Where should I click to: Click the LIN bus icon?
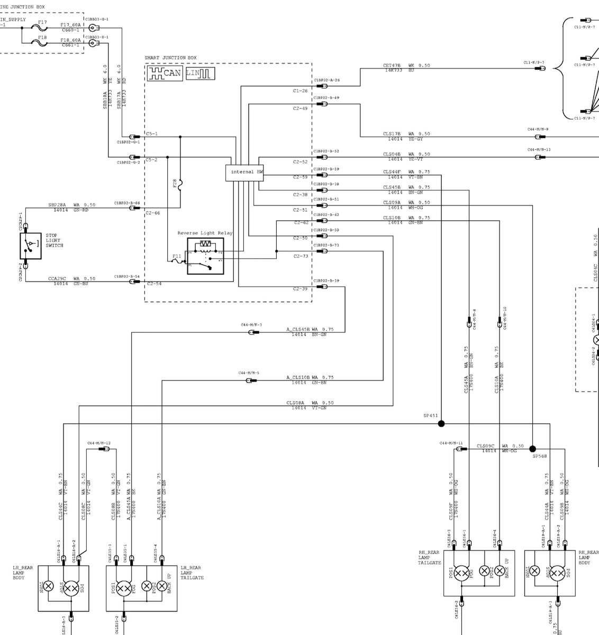(200, 74)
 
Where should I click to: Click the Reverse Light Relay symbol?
(205, 256)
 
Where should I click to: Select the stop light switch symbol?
(30, 246)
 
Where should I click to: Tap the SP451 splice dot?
(441, 423)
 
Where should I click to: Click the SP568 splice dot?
(532, 448)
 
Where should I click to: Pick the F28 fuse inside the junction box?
(180, 185)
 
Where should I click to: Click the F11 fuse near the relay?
(177, 260)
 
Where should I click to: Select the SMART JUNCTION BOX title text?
(170, 58)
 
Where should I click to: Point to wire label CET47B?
(392, 66)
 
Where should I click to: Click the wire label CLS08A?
(295, 403)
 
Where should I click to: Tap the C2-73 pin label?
(301, 256)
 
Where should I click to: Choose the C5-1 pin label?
(152, 134)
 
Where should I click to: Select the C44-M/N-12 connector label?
(99, 443)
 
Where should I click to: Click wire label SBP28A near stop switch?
(57, 205)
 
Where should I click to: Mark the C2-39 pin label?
(301, 289)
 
